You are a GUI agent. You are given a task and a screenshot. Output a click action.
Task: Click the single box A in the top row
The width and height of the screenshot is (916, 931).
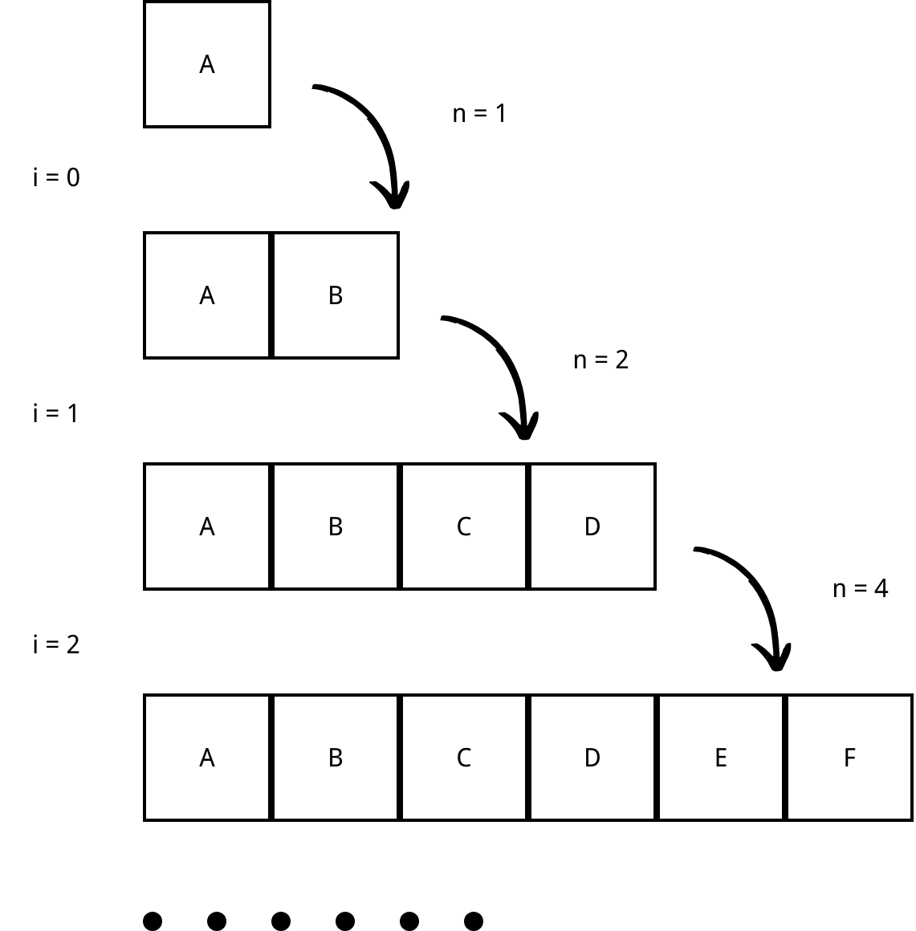(207, 64)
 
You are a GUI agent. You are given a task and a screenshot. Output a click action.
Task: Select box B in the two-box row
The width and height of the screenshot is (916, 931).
(336, 295)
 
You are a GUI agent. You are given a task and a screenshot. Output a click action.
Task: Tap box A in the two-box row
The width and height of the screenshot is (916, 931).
(207, 295)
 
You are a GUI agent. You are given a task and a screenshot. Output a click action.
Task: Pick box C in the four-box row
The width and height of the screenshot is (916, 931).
(464, 526)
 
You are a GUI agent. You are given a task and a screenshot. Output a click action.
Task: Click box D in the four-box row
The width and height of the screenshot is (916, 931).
(592, 526)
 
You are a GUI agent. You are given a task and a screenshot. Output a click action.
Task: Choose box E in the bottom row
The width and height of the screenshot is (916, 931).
(721, 758)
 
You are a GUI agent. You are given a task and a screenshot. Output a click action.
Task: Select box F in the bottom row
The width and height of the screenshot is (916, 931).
(849, 758)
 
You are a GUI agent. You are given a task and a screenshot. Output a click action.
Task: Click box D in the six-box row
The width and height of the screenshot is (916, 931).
(592, 758)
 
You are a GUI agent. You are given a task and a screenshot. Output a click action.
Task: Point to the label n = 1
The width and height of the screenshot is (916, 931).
(479, 114)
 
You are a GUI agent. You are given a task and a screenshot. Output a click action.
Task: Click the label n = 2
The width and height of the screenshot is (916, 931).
(600, 360)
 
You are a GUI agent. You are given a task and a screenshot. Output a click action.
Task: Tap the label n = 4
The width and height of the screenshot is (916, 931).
(860, 589)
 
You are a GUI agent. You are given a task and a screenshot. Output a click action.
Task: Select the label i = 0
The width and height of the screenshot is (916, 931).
(56, 177)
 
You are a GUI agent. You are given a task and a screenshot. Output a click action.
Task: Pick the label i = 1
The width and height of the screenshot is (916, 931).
(56, 413)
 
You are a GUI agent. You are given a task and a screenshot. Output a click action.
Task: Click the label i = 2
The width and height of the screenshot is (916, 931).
(56, 644)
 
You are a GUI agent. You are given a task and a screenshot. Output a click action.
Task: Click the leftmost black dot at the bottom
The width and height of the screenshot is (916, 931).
(153, 921)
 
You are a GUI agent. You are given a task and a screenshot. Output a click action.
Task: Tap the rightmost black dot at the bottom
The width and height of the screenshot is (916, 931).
(474, 921)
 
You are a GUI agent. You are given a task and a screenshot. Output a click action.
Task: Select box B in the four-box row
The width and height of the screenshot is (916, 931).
(336, 526)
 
